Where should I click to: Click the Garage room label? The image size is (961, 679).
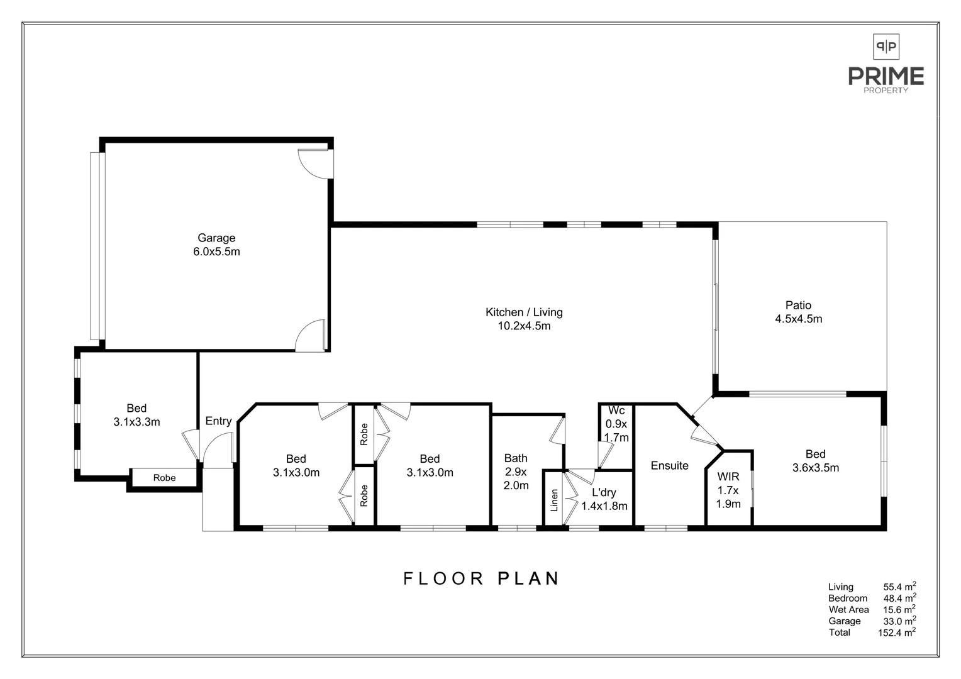[x=216, y=245]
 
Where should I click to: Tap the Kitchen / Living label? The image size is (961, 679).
[x=524, y=319]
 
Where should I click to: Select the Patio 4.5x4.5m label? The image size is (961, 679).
[x=798, y=312]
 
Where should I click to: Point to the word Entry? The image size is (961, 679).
[x=218, y=421]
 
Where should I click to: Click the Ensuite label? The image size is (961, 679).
[x=669, y=466]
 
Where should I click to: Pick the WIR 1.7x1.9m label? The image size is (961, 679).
[x=728, y=490]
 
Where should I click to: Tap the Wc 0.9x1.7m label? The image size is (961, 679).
[x=616, y=424]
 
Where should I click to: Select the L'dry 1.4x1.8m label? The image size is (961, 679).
[x=604, y=499]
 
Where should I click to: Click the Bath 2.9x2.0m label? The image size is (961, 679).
[x=516, y=472]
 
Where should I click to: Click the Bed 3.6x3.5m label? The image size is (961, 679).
[x=815, y=461]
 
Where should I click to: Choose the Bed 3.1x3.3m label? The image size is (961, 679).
[x=136, y=415]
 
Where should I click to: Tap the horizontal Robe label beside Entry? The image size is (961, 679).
[x=164, y=478]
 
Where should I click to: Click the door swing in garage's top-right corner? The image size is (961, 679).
[x=313, y=162]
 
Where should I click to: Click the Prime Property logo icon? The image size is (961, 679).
[x=886, y=47]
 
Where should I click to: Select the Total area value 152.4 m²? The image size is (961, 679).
[x=896, y=633]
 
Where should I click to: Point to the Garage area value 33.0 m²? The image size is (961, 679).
[x=899, y=621]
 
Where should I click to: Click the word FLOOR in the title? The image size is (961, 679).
[x=443, y=578]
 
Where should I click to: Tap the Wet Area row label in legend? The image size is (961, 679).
[x=848, y=610]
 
